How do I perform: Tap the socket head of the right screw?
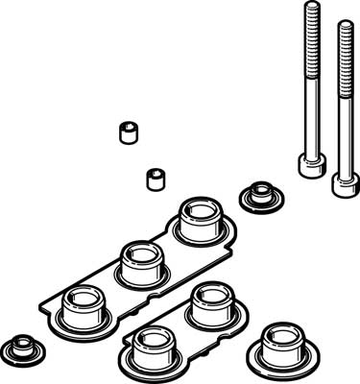click(342, 184)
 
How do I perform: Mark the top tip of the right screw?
click(344, 24)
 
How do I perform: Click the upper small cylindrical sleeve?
click(125, 132)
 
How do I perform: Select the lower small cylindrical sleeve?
click(153, 179)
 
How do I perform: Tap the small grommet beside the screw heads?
click(256, 196)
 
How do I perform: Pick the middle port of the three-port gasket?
click(139, 261)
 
